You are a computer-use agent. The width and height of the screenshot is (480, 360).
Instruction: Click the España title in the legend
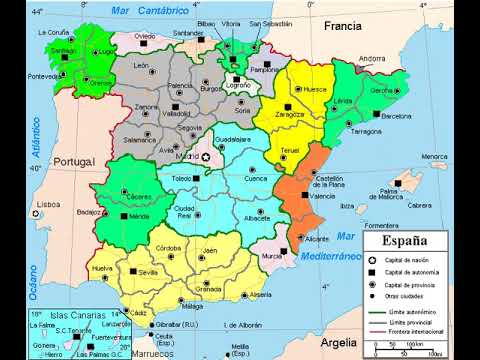click(406, 242)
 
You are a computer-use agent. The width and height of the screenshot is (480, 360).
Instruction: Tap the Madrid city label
click(187, 157)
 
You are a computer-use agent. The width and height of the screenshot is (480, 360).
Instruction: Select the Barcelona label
click(396, 116)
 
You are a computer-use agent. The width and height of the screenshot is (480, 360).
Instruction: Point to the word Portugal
click(72, 161)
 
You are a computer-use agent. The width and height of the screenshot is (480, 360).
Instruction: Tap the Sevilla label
click(151, 272)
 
